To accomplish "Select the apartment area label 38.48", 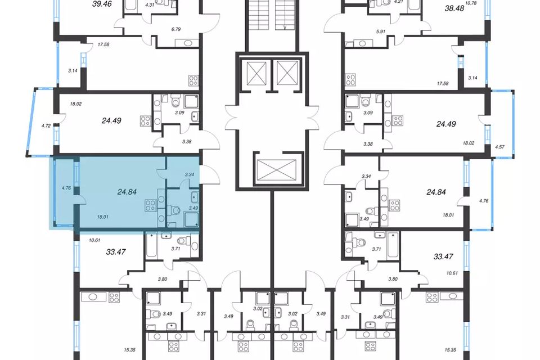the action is pos(454,8).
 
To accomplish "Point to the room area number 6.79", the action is pos(176,29).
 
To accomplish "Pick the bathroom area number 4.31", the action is pos(150,5).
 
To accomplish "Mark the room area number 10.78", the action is pos(471,4).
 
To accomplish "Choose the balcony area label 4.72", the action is pos(46,126).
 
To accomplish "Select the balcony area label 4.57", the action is pos(499,147).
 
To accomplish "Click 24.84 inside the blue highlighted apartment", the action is pos(127,192).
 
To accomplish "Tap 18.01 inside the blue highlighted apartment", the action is pos(102,217).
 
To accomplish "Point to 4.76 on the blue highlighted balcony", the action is pos(66,188).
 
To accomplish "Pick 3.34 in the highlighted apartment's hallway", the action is pos(190,175).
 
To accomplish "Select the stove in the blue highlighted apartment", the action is pos(151,205).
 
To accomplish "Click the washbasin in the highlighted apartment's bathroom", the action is pos(195,198).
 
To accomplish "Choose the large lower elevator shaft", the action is pos(277,169).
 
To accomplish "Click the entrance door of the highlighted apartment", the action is pos(209,174).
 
